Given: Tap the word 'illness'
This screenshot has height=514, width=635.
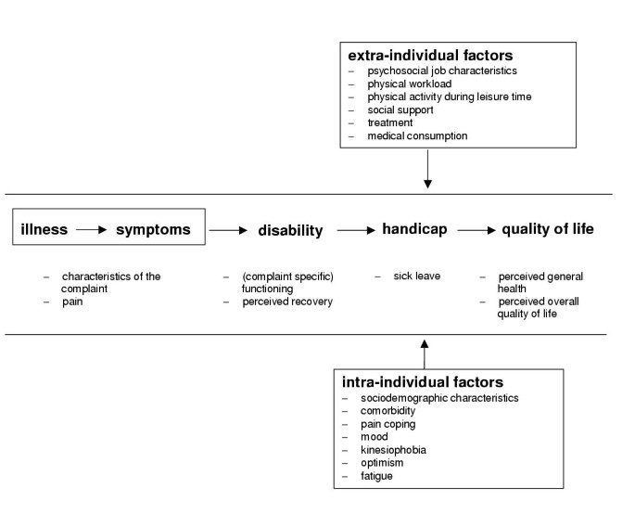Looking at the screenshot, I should pyautogui.click(x=44, y=229).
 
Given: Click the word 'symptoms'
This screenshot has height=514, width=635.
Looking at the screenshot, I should pyautogui.click(x=153, y=229).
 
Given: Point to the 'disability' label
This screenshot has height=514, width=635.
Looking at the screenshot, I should pyautogui.click(x=290, y=230).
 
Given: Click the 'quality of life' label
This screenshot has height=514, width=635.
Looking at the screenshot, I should pyautogui.click(x=548, y=229).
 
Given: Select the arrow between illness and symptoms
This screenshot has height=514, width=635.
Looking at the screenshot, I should pyautogui.click(x=91, y=230).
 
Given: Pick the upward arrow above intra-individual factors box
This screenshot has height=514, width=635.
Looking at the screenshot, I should pyautogui.click(x=425, y=353).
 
